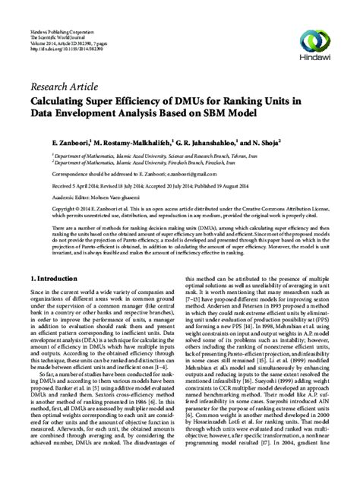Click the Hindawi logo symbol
tap(313, 17)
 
